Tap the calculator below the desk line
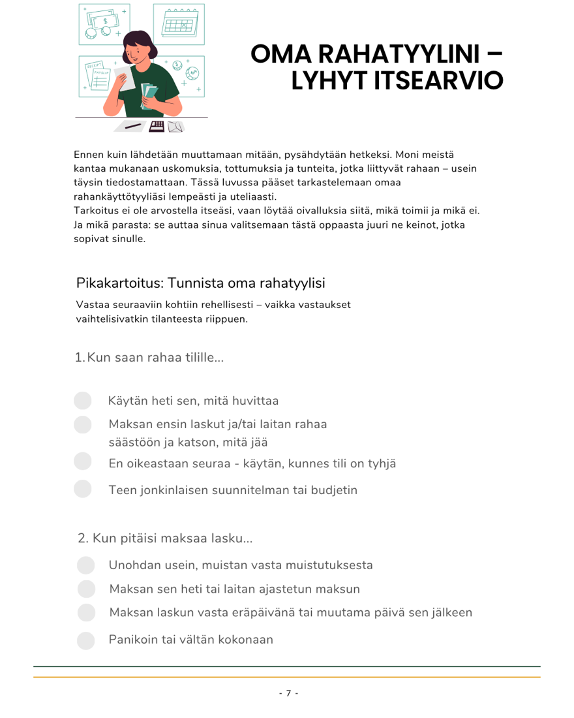[x=157, y=127]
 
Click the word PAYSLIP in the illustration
[x=98, y=73]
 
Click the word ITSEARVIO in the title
[x=397, y=80]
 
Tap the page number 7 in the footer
[x=288, y=693]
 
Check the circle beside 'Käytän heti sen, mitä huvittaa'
[x=83, y=400]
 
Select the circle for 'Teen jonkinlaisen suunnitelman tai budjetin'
[x=83, y=489]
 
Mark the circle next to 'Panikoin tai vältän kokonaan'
[x=86, y=640]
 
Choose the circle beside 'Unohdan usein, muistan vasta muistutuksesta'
[x=86, y=565]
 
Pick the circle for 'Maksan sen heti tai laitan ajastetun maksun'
[x=86, y=589]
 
